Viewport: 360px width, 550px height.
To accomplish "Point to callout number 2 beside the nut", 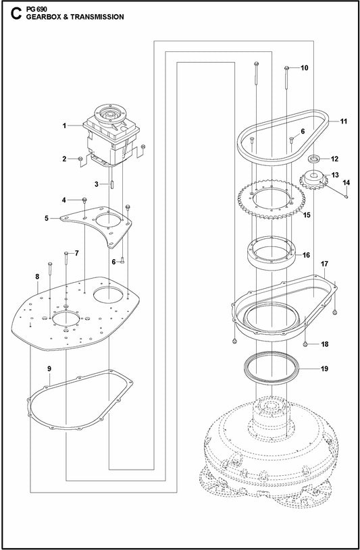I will click(x=64, y=159).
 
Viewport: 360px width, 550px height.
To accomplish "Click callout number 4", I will click(x=64, y=200).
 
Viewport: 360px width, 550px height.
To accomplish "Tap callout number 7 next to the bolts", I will click(x=76, y=253).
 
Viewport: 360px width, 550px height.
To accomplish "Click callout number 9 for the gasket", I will click(x=49, y=368).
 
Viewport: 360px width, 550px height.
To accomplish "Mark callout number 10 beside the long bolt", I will click(x=304, y=68).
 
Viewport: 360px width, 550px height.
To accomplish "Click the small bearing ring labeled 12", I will click(x=314, y=159).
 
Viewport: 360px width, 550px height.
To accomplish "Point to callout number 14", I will click(x=347, y=183).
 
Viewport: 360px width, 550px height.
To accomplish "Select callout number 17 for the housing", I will click(x=324, y=263).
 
